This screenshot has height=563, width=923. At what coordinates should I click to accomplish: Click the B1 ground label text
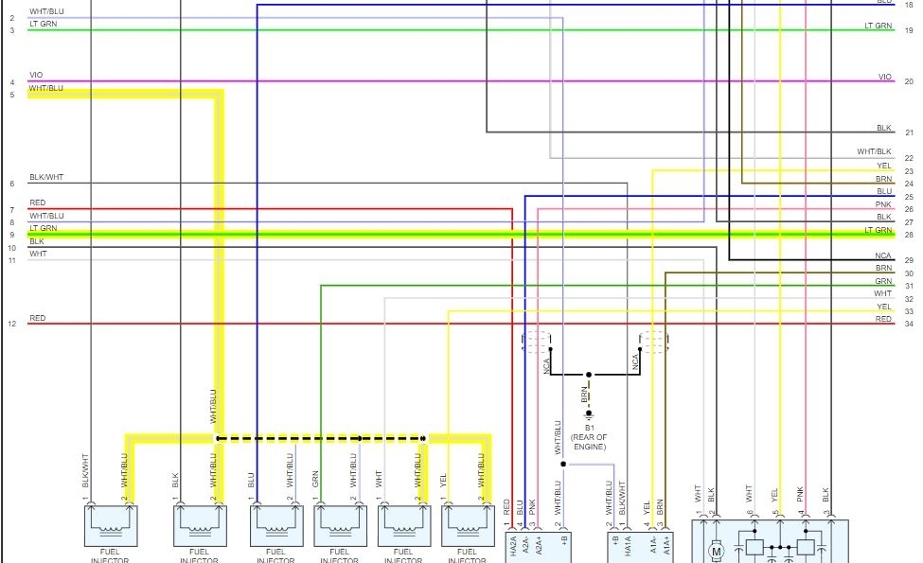coord(588,428)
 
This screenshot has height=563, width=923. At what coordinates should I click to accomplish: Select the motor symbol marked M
coord(717,550)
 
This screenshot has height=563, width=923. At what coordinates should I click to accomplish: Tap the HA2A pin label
coord(512,547)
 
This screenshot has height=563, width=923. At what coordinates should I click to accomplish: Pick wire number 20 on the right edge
coord(909,81)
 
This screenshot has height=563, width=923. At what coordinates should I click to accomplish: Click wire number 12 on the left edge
coord(12,324)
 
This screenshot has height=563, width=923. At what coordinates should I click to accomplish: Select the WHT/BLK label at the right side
coord(874,151)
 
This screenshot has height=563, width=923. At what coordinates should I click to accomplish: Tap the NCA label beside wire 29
coord(883,255)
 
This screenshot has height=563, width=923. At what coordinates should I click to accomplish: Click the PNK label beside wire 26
coord(883,204)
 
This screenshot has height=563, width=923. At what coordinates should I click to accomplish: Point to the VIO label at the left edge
coord(36,75)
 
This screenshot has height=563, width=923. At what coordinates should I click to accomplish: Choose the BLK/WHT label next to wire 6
coord(46,177)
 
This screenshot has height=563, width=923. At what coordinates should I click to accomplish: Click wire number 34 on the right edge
coord(909,324)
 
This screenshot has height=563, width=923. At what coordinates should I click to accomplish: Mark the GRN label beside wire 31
coord(883,281)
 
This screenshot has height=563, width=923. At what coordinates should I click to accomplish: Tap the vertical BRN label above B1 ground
coord(585,394)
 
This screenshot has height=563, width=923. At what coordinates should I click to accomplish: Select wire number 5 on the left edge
coord(12,95)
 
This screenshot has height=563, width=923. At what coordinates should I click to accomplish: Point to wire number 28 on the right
coord(909,235)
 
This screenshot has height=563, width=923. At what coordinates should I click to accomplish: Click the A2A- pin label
coord(525,546)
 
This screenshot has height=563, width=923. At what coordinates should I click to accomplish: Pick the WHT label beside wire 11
coord(38,254)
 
